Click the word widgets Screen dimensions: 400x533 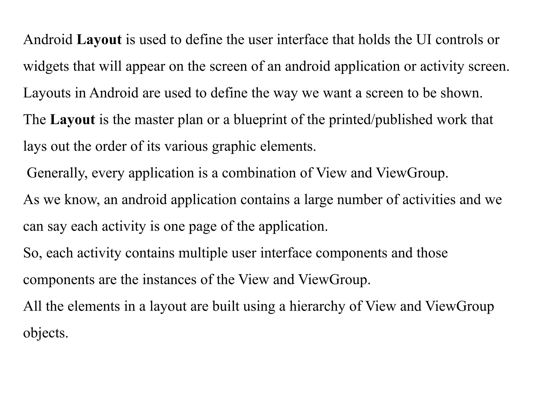tap(46, 67)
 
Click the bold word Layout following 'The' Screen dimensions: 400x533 tap(73, 120)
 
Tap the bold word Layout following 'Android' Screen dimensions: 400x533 tap(99, 40)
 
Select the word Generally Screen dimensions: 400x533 tap(57, 173)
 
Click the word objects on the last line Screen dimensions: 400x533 tap(46, 333)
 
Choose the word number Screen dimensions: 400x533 tap(360, 200)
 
